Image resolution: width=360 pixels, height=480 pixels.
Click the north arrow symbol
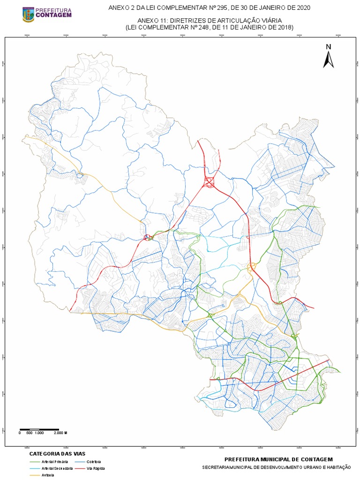(328, 59)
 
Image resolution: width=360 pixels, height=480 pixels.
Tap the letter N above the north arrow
(329, 46)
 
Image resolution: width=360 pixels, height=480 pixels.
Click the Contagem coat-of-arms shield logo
(28, 14)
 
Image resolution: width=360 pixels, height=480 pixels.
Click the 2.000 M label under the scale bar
(60, 433)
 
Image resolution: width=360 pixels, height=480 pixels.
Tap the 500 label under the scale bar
(29, 433)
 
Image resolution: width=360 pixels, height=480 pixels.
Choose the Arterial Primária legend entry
(51, 462)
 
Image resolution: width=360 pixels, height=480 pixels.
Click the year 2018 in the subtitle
(284, 28)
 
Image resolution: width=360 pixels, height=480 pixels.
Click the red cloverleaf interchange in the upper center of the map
(209, 182)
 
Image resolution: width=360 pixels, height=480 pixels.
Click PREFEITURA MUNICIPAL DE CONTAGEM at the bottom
(278, 460)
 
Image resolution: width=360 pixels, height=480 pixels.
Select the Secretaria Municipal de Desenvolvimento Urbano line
(277, 467)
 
